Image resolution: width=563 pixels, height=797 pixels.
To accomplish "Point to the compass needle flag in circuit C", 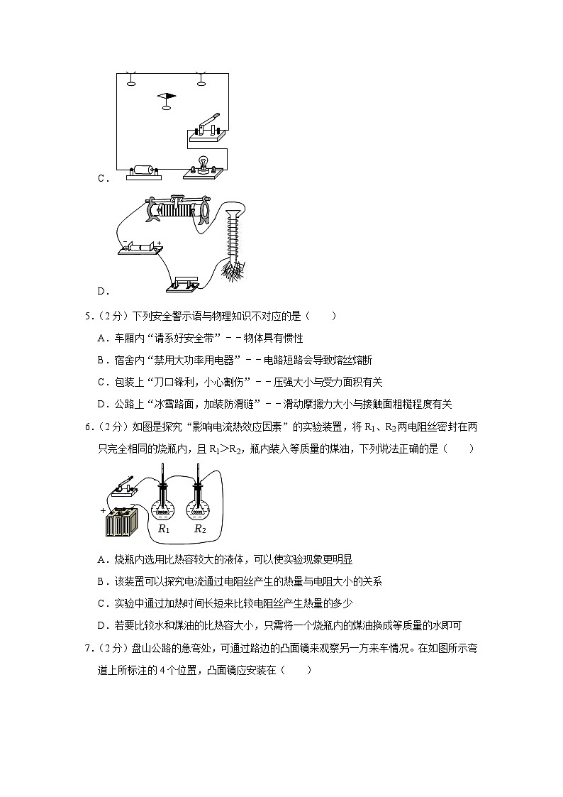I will [x=167, y=96].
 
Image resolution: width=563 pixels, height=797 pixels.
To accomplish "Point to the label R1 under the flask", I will [x=163, y=529].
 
